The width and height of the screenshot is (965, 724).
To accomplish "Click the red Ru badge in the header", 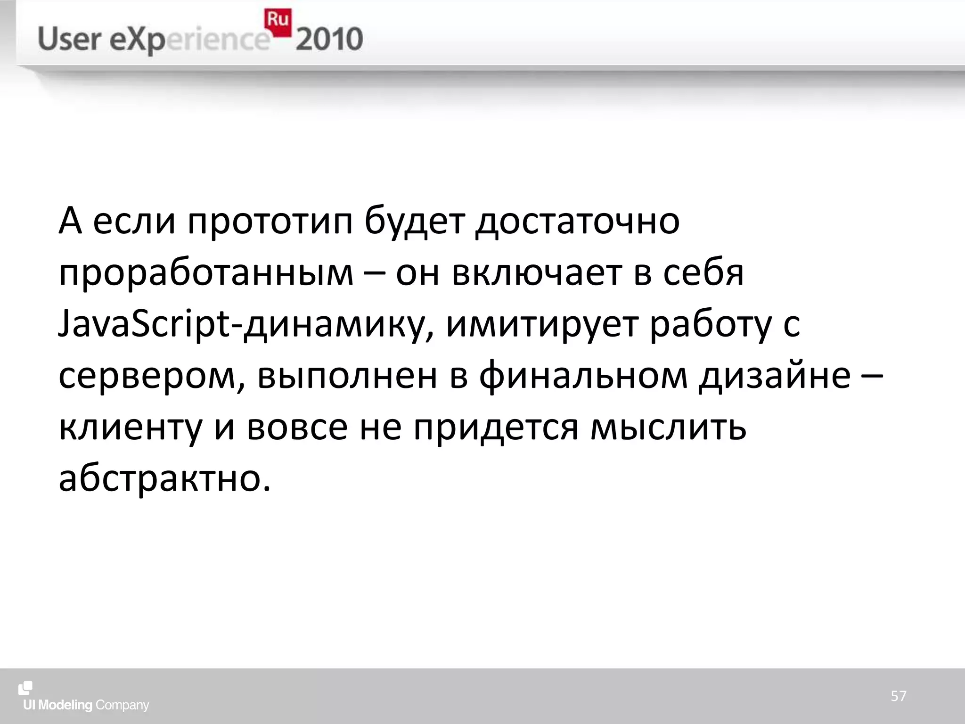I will coord(278,22).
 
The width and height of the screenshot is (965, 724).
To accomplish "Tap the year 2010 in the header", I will coord(329,40).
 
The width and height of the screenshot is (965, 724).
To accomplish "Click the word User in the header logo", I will coord(68,39).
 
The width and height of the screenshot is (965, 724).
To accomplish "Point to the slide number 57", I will coord(899,696).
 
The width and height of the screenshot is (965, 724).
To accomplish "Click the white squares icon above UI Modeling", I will coord(25,688).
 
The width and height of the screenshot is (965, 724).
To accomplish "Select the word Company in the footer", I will coord(122,706).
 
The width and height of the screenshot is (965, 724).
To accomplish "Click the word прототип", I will coord(270,221).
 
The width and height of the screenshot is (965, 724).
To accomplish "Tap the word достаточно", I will coord(577,221).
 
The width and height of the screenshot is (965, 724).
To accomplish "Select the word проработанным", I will coord(206,274).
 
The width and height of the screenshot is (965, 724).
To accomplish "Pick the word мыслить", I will coord(669,428).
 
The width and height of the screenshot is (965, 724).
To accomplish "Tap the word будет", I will coord(415,221).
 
